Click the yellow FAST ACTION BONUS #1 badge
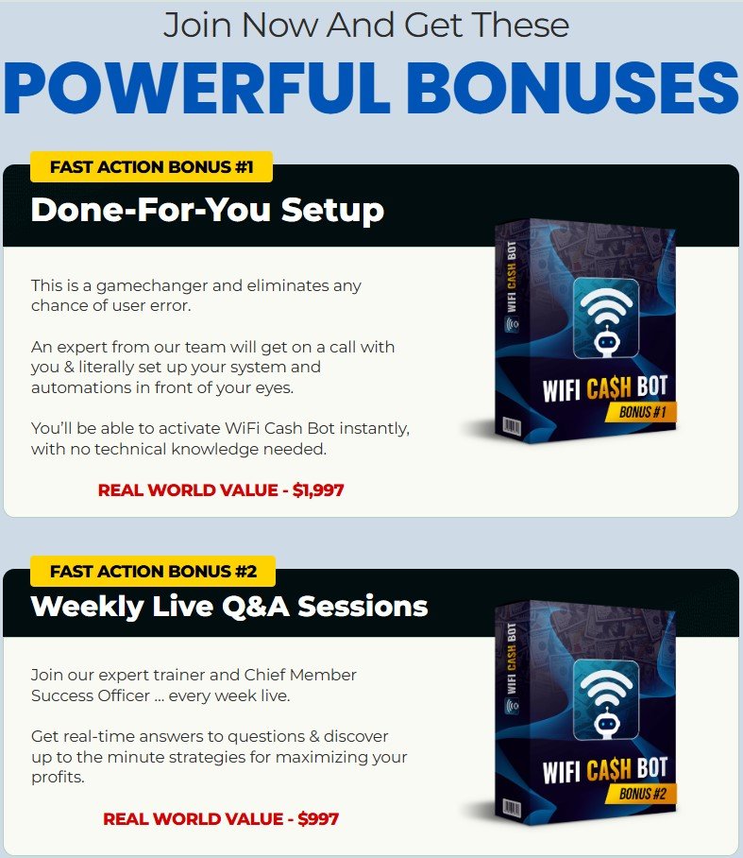(x=152, y=167)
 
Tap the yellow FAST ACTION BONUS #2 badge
(x=152, y=571)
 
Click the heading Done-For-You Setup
(x=207, y=209)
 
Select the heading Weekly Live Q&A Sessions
(x=228, y=605)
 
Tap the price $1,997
(x=317, y=490)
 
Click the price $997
(x=318, y=818)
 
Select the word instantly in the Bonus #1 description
(x=378, y=428)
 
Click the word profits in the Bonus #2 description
(x=57, y=778)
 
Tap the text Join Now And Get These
(x=366, y=25)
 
